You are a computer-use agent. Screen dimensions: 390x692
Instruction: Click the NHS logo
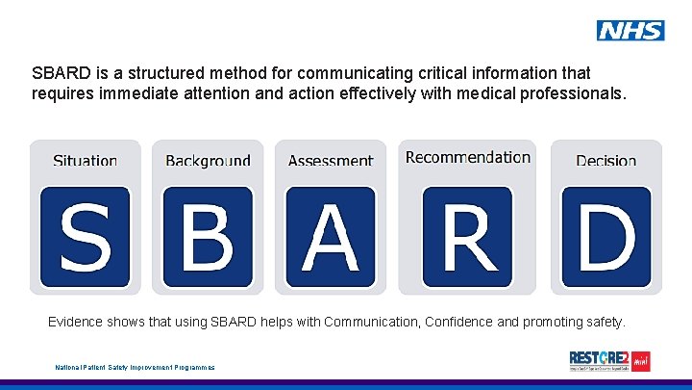pos(630,31)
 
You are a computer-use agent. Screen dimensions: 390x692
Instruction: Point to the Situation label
pos(85,161)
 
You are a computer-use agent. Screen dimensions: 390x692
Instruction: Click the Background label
pos(208,161)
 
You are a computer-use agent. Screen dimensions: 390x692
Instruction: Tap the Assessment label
pos(331,161)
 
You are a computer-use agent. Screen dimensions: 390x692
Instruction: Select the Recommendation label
pos(468,157)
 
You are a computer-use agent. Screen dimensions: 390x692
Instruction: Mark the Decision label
pos(605,161)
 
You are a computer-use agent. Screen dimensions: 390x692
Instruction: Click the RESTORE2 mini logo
pos(609,361)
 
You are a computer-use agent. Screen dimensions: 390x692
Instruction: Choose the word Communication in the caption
pos(369,322)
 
